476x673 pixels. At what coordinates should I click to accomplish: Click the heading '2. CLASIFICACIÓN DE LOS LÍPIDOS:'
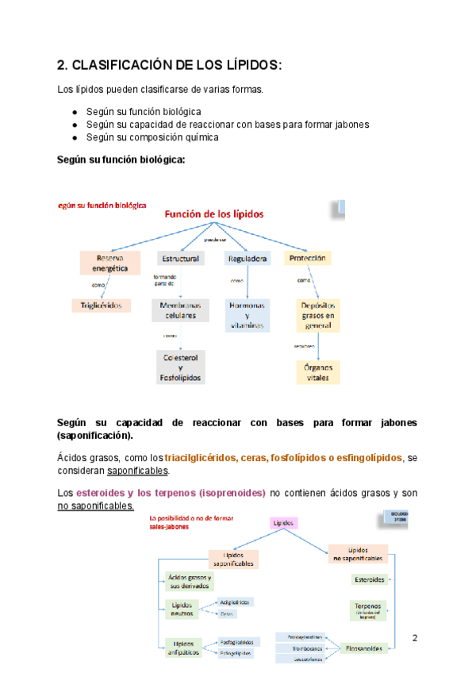tap(170, 64)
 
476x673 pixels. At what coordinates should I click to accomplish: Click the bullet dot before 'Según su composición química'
tap(74, 137)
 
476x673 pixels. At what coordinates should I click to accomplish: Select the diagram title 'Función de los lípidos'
tap(213, 214)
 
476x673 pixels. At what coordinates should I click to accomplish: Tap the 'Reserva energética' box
tap(110, 263)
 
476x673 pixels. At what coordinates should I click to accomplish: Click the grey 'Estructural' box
tap(180, 259)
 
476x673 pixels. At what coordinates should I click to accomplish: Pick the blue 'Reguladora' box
tap(248, 259)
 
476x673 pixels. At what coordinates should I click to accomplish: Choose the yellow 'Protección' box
tap(308, 259)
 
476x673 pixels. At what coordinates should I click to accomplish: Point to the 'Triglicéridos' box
tap(102, 306)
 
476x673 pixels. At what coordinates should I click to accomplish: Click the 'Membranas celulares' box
tap(180, 310)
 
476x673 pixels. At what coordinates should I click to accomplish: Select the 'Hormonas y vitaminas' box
tap(248, 314)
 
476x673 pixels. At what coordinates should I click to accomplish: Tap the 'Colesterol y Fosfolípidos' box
tap(181, 367)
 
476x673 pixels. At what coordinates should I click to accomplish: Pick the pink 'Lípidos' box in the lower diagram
tap(282, 523)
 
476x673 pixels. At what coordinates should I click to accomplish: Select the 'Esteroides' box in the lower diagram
tap(370, 579)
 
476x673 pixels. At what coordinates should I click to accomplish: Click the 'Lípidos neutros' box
tap(178, 608)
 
